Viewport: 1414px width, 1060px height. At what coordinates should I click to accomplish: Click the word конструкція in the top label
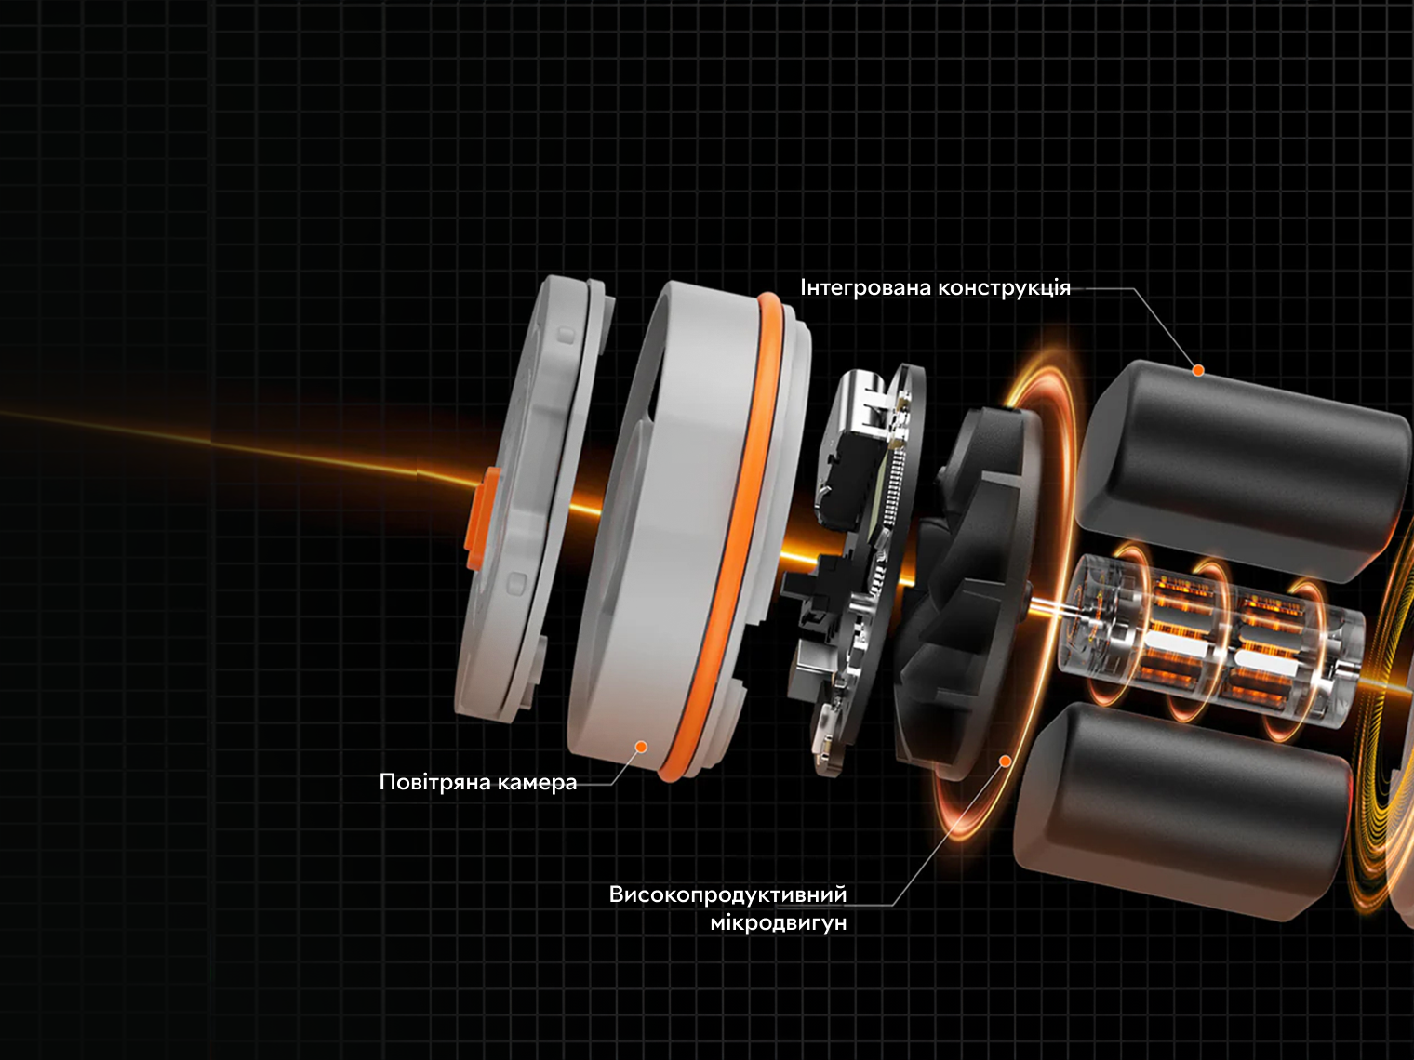[1004, 288]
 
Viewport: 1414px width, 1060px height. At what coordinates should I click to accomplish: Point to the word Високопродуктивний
[728, 894]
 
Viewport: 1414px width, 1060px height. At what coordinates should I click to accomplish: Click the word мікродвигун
[779, 923]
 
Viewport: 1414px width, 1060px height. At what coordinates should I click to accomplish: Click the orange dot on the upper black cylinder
[1198, 370]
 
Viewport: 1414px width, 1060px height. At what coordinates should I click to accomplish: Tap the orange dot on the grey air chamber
[641, 747]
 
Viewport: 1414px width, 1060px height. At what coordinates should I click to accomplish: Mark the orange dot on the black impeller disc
[1005, 762]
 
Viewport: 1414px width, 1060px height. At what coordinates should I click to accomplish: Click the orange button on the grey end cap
[482, 519]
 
